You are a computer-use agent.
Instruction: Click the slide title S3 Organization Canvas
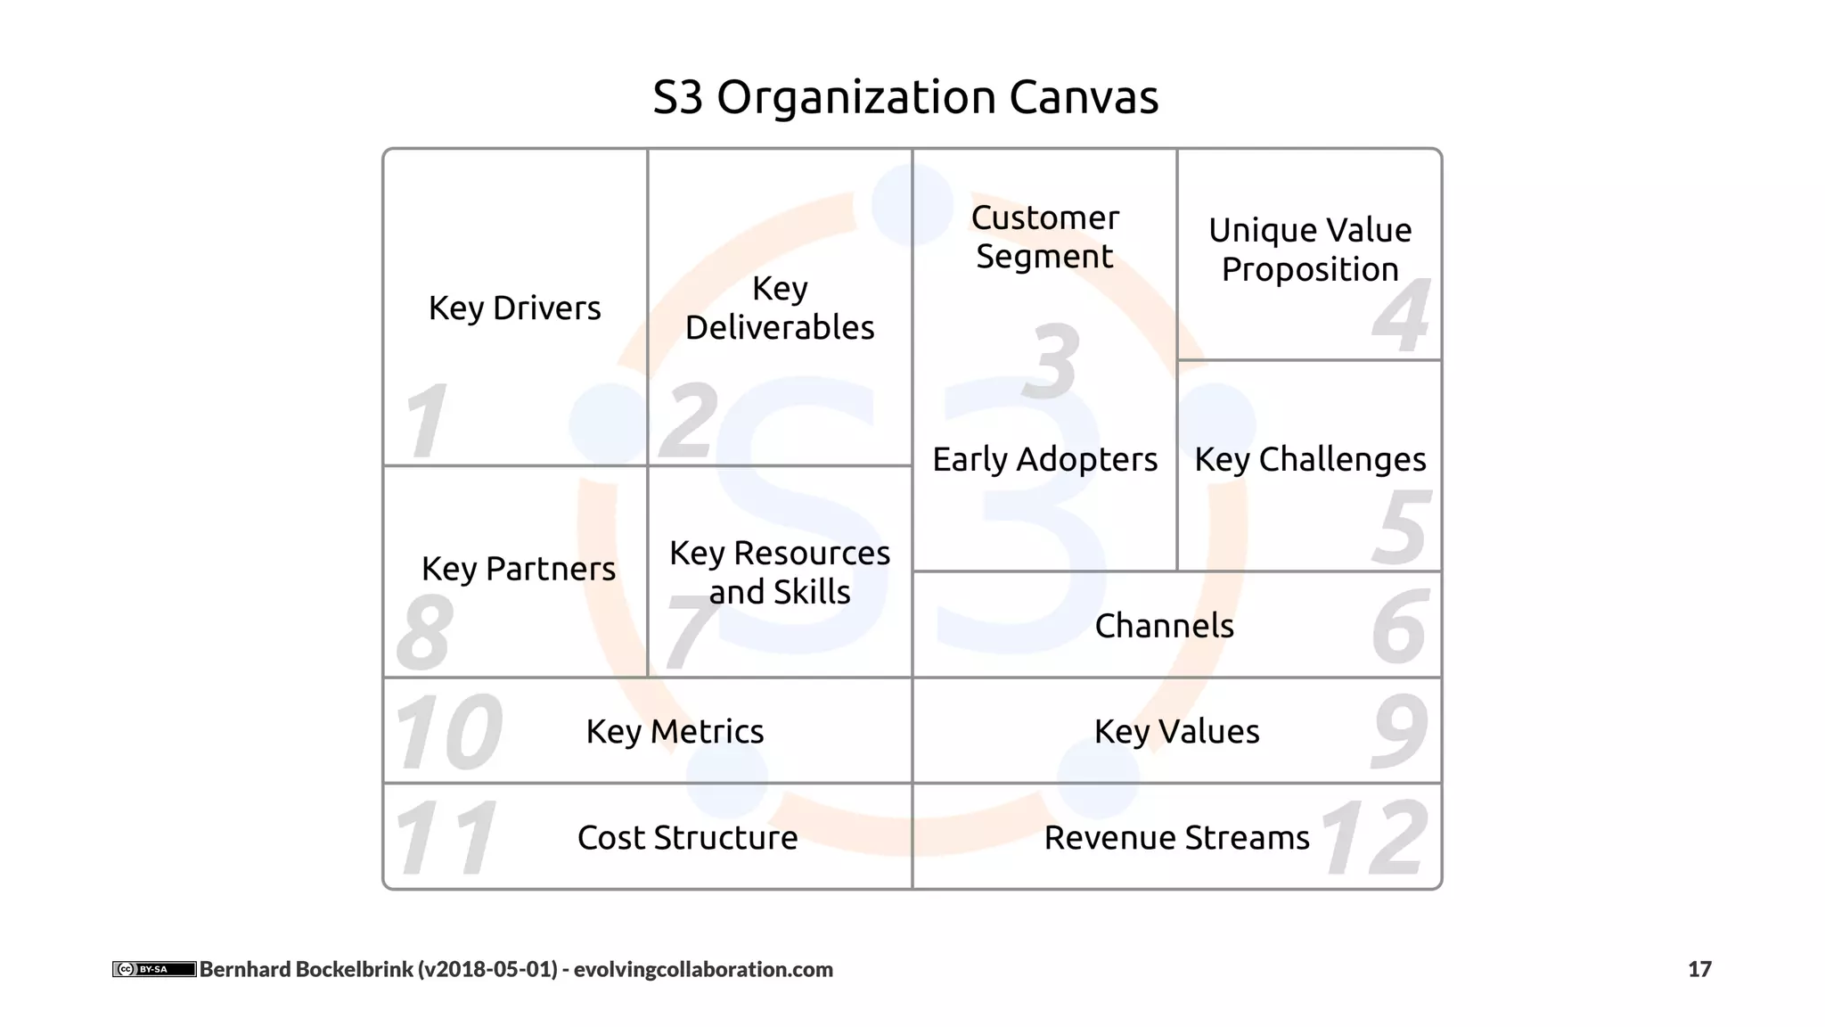pyautogui.click(x=905, y=97)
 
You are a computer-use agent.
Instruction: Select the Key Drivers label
pyautogui.click(x=515, y=308)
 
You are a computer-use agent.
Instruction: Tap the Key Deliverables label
pyautogui.click(x=780, y=308)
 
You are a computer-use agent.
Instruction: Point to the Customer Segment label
pyautogui.click(x=1044, y=237)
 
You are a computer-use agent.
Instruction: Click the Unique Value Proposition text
pyautogui.click(x=1310, y=250)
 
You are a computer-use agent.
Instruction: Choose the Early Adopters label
pyautogui.click(x=1044, y=460)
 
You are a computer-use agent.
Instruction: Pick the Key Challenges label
pyautogui.click(x=1310, y=460)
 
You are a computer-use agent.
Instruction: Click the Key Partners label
pyautogui.click(x=519, y=569)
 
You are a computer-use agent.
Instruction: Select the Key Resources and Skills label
pyautogui.click(x=780, y=572)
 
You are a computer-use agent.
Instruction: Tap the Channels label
pyautogui.click(x=1164, y=626)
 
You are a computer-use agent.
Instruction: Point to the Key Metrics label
pyautogui.click(x=675, y=732)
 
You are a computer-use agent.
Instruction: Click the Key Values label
pyautogui.click(x=1176, y=732)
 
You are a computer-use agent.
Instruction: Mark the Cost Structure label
pyautogui.click(x=687, y=838)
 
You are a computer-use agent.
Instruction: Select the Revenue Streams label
pyautogui.click(x=1176, y=838)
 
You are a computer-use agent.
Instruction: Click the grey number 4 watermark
pyautogui.click(x=1401, y=316)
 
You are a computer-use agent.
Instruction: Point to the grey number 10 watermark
pyautogui.click(x=448, y=732)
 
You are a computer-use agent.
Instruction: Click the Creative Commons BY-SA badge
pyautogui.click(x=154, y=969)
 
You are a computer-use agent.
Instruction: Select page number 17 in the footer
pyautogui.click(x=1699, y=969)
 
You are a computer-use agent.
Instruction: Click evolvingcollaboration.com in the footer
pyautogui.click(x=703, y=969)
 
